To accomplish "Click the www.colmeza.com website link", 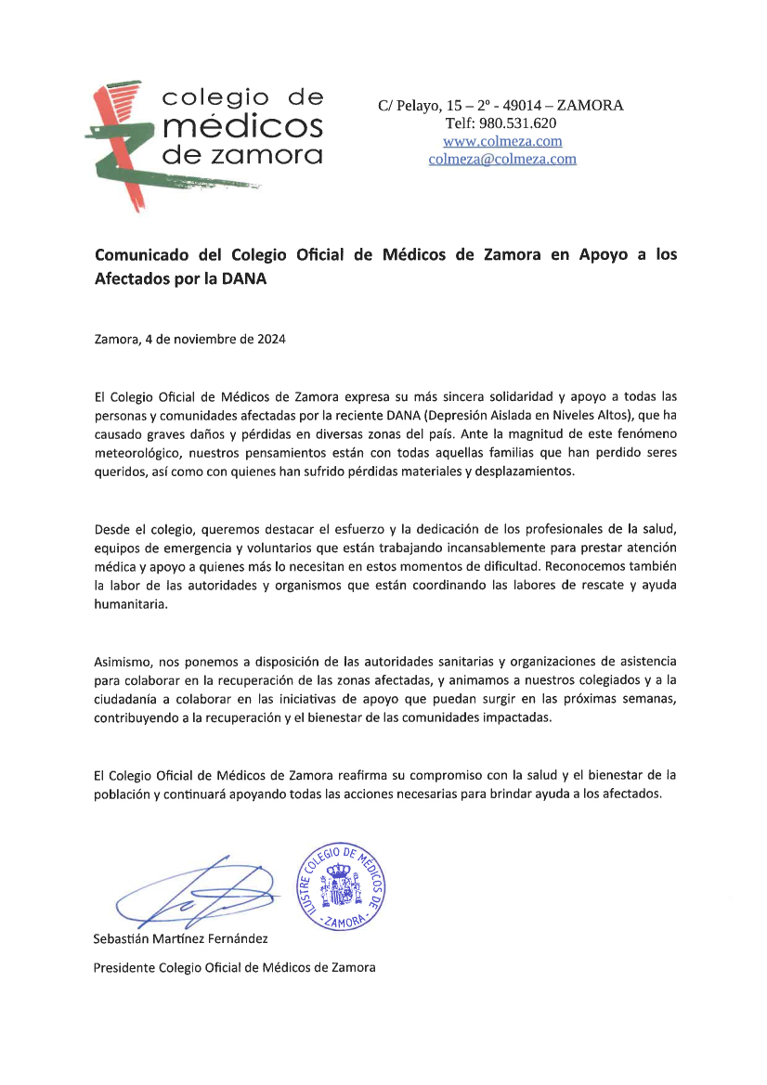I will (x=502, y=141).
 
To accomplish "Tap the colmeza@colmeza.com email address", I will (x=502, y=159).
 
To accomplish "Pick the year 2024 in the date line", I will (x=268, y=339).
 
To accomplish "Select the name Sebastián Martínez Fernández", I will (x=181, y=938).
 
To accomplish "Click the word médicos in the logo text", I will (x=242, y=125).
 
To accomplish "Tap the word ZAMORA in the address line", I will (x=590, y=106).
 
